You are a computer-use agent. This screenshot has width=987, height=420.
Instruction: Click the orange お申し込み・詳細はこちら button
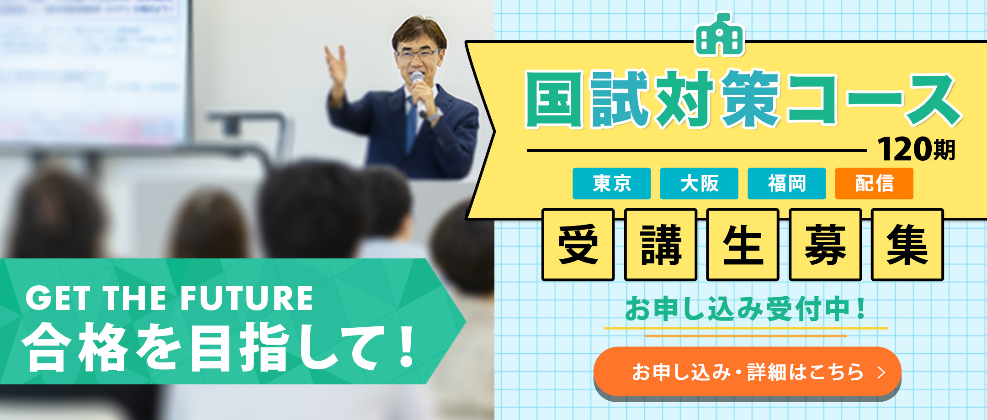(x=747, y=372)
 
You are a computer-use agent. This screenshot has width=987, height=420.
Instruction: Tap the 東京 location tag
(x=611, y=184)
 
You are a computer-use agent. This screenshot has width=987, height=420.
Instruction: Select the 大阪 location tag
(x=699, y=184)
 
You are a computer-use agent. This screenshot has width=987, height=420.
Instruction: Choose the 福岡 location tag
(x=786, y=184)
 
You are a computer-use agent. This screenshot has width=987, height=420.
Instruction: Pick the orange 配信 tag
(x=874, y=184)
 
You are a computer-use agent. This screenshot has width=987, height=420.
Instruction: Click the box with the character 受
(x=578, y=245)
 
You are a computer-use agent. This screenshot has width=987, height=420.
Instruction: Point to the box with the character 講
(x=660, y=245)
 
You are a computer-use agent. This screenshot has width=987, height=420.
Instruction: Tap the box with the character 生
(x=743, y=245)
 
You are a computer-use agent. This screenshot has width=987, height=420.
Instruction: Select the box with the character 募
(x=825, y=245)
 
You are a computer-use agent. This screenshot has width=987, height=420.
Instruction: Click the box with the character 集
(x=907, y=245)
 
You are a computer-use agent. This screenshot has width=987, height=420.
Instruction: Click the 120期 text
(x=916, y=150)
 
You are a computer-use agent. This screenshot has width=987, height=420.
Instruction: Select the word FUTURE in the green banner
(x=247, y=299)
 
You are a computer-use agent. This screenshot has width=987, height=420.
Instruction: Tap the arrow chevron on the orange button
(x=881, y=372)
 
